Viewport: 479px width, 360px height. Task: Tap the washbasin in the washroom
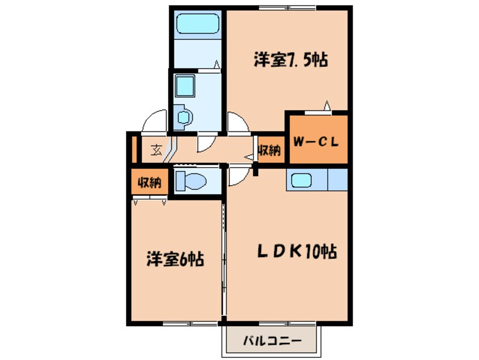(185, 117)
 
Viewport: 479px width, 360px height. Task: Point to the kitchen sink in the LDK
(301, 181)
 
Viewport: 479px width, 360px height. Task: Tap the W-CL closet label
(316, 142)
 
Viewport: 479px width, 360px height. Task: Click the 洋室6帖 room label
(176, 259)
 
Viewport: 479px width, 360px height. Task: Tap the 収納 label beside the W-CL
(270, 151)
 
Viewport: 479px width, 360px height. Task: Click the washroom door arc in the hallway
(206, 145)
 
